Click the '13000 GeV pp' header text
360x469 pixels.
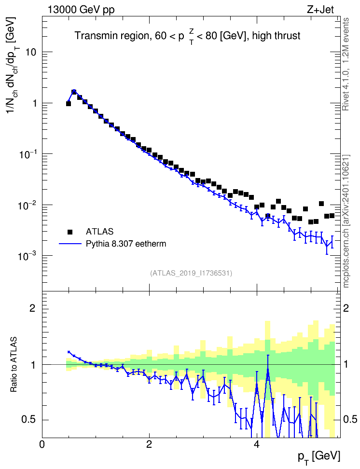click(81, 10)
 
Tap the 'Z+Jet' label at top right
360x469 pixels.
click(320, 10)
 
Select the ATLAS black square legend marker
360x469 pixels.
click(70, 232)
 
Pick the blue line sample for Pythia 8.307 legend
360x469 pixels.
click(70, 244)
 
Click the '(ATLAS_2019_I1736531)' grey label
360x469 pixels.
click(191, 273)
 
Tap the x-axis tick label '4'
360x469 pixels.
click(256, 444)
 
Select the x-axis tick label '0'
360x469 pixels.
click(42, 444)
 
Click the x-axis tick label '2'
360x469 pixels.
click(149, 444)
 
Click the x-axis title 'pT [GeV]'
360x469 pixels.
click(319, 457)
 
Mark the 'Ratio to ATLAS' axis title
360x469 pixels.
click(14, 364)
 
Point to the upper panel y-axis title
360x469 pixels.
click(13, 65)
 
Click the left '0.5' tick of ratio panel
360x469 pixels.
click(29, 420)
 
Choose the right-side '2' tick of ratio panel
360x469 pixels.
click(346, 308)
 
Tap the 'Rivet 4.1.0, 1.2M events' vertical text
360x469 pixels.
click(346, 64)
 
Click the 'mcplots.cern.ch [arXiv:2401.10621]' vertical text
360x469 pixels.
click(346, 221)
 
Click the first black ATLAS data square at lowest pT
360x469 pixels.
click(69, 103)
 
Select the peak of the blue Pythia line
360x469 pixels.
click(74, 91)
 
